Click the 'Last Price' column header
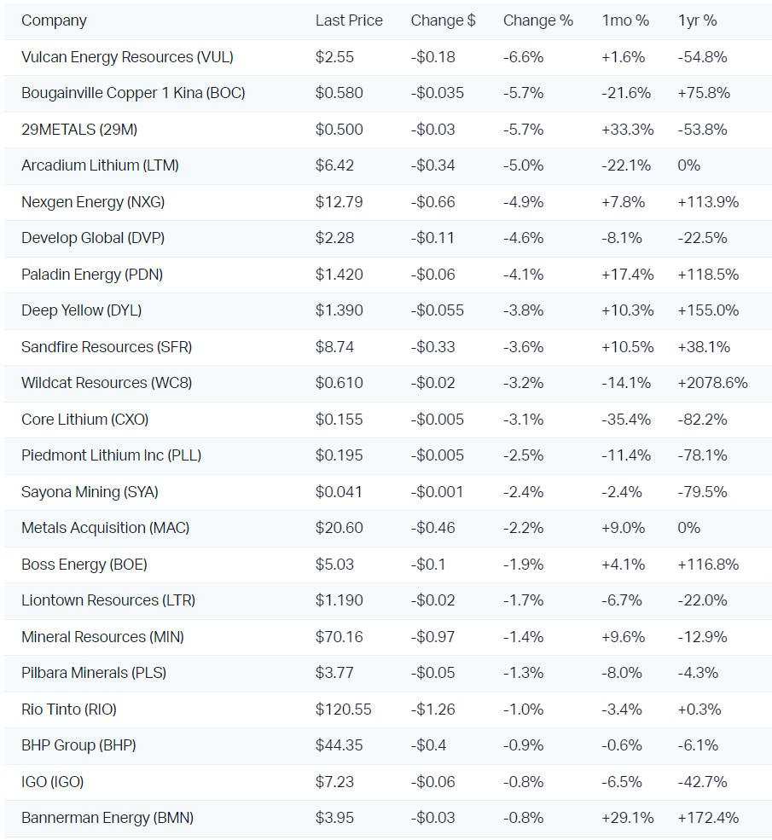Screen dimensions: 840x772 click(349, 20)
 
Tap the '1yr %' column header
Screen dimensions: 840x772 click(697, 20)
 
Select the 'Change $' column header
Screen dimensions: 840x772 click(443, 20)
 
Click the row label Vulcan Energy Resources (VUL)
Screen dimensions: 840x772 click(127, 57)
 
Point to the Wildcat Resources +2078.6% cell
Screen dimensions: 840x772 click(712, 383)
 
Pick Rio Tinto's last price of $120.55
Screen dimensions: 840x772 click(344, 709)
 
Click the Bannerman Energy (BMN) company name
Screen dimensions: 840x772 click(107, 818)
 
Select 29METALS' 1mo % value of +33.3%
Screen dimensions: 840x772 click(628, 130)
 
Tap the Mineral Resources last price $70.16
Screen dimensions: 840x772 click(339, 636)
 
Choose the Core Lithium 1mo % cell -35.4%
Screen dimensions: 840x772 click(626, 419)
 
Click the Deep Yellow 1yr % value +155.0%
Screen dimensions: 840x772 click(708, 310)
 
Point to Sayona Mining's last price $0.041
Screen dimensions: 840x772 click(339, 491)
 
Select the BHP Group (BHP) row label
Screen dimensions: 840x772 click(78, 745)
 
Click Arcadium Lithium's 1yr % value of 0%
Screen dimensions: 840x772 click(688, 165)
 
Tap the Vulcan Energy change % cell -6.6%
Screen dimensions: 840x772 click(523, 57)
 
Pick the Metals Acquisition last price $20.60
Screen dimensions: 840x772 click(339, 528)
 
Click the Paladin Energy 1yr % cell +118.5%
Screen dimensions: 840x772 click(708, 275)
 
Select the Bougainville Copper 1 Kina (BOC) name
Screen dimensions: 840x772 click(133, 93)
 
